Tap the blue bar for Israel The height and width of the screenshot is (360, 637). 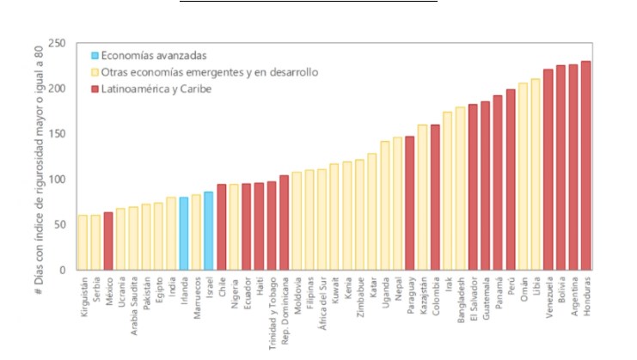coord(208,231)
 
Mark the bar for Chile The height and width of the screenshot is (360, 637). coord(221,228)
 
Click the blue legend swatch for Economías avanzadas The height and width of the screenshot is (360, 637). coord(95,56)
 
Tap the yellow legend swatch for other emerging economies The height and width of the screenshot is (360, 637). coord(95,72)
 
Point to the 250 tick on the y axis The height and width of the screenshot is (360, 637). coord(57,44)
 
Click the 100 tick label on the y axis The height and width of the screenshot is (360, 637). coord(57,180)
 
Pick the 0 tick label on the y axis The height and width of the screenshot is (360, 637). coord(62,270)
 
